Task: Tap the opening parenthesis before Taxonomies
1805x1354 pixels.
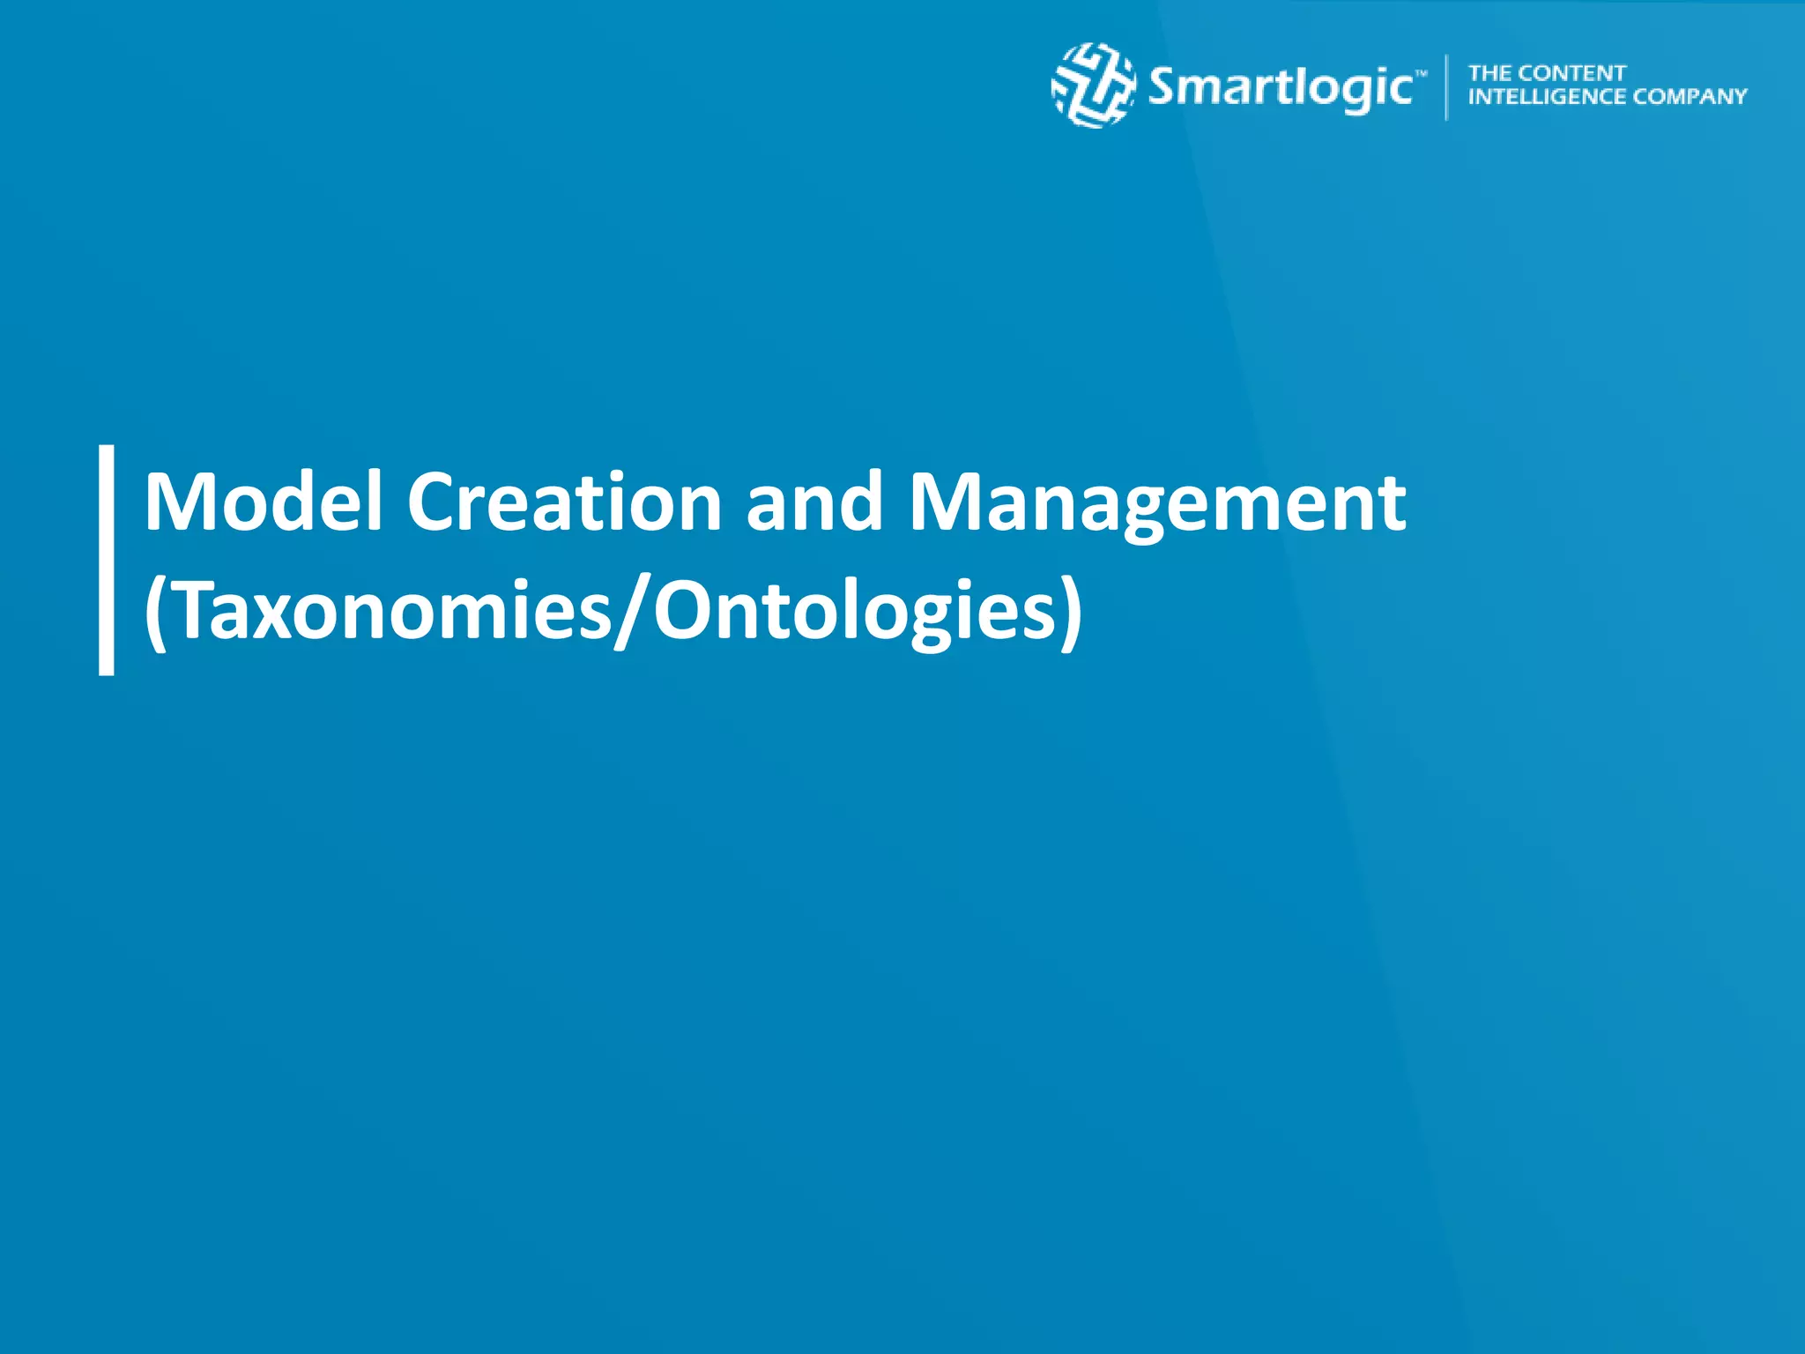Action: (155, 613)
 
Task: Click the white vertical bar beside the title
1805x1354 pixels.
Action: (107, 560)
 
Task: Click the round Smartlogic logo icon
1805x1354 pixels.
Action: (1093, 86)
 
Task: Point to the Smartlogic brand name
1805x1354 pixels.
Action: (1280, 88)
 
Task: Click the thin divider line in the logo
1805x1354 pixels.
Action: (1446, 86)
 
